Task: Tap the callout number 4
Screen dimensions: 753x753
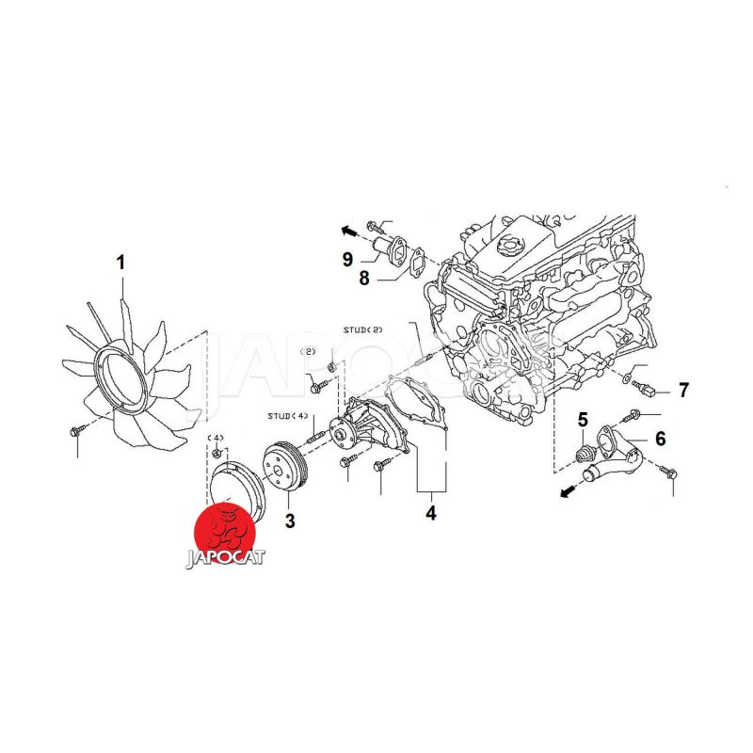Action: coord(431,514)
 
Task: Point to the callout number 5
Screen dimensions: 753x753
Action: coord(584,421)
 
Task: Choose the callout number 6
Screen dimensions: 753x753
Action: coord(661,439)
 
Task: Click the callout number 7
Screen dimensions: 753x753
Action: coord(684,390)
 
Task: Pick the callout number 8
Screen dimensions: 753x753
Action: coord(363,279)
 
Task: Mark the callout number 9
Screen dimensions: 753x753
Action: coord(347,258)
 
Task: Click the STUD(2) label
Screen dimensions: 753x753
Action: coord(363,329)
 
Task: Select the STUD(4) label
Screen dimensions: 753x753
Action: coord(287,415)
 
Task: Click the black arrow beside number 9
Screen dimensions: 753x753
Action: coord(347,228)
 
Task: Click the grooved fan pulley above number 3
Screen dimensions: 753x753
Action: coord(281,467)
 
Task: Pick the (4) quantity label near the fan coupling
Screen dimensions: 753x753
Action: coord(216,439)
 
